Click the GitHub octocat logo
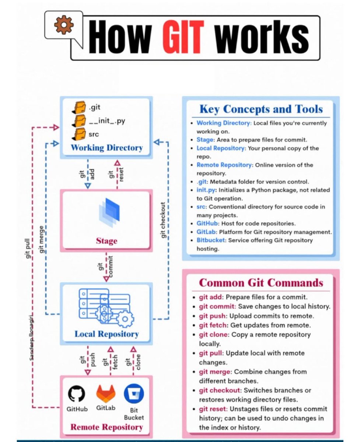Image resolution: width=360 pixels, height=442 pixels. click(77, 393)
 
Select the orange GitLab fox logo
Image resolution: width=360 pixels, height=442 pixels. click(106, 393)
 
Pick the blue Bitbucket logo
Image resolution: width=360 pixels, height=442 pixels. click(134, 393)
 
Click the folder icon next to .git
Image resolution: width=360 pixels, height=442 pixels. click(78, 108)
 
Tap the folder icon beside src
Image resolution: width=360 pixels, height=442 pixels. click(78, 134)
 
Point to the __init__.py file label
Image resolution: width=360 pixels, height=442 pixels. click(107, 120)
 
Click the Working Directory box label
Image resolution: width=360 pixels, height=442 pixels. click(106, 148)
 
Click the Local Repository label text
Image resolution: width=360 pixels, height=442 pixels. click(106, 334)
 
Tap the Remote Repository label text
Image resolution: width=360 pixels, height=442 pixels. click(106, 427)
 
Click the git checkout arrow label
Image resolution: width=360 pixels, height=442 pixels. click(163, 220)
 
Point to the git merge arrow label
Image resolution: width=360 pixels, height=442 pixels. click(42, 239)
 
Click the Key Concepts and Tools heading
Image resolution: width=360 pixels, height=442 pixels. click(261, 109)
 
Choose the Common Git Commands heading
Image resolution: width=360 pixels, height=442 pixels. click(261, 283)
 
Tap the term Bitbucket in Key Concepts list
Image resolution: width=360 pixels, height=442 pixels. click(211, 240)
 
